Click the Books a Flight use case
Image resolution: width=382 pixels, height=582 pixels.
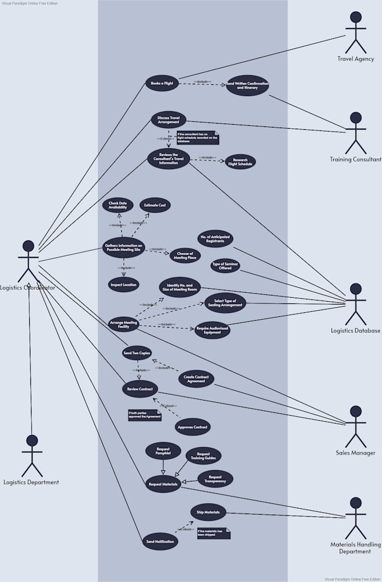coord(162,84)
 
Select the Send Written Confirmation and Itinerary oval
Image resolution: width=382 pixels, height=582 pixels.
coord(247,85)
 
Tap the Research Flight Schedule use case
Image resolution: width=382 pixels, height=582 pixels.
coord(240,162)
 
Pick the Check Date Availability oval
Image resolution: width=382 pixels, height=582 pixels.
coord(117,205)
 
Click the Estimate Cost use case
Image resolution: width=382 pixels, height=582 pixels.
coord(154,206)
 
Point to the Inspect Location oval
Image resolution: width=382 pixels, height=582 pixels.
coord(123,285)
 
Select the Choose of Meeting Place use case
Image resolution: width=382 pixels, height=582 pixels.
coord(185,256)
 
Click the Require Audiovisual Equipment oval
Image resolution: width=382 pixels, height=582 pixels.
coord(212,330)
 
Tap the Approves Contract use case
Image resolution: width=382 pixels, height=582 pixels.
coord(193,428)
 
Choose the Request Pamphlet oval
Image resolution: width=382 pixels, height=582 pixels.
coord(163,451)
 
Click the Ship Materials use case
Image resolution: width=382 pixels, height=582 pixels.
coord(208,512)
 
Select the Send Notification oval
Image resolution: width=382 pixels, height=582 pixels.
coord(160,542)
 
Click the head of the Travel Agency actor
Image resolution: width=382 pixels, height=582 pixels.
coord(356,17)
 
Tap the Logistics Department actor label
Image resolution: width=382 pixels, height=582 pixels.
coord(31,482)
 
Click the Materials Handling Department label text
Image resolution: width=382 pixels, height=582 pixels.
coord(356,548)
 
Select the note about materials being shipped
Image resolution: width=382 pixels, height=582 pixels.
coord(213,533)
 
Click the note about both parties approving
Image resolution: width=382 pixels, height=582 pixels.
coord(144,415)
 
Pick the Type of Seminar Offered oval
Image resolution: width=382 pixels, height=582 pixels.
coord(225,266)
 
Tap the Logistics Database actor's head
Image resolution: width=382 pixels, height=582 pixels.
coord(356,289)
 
